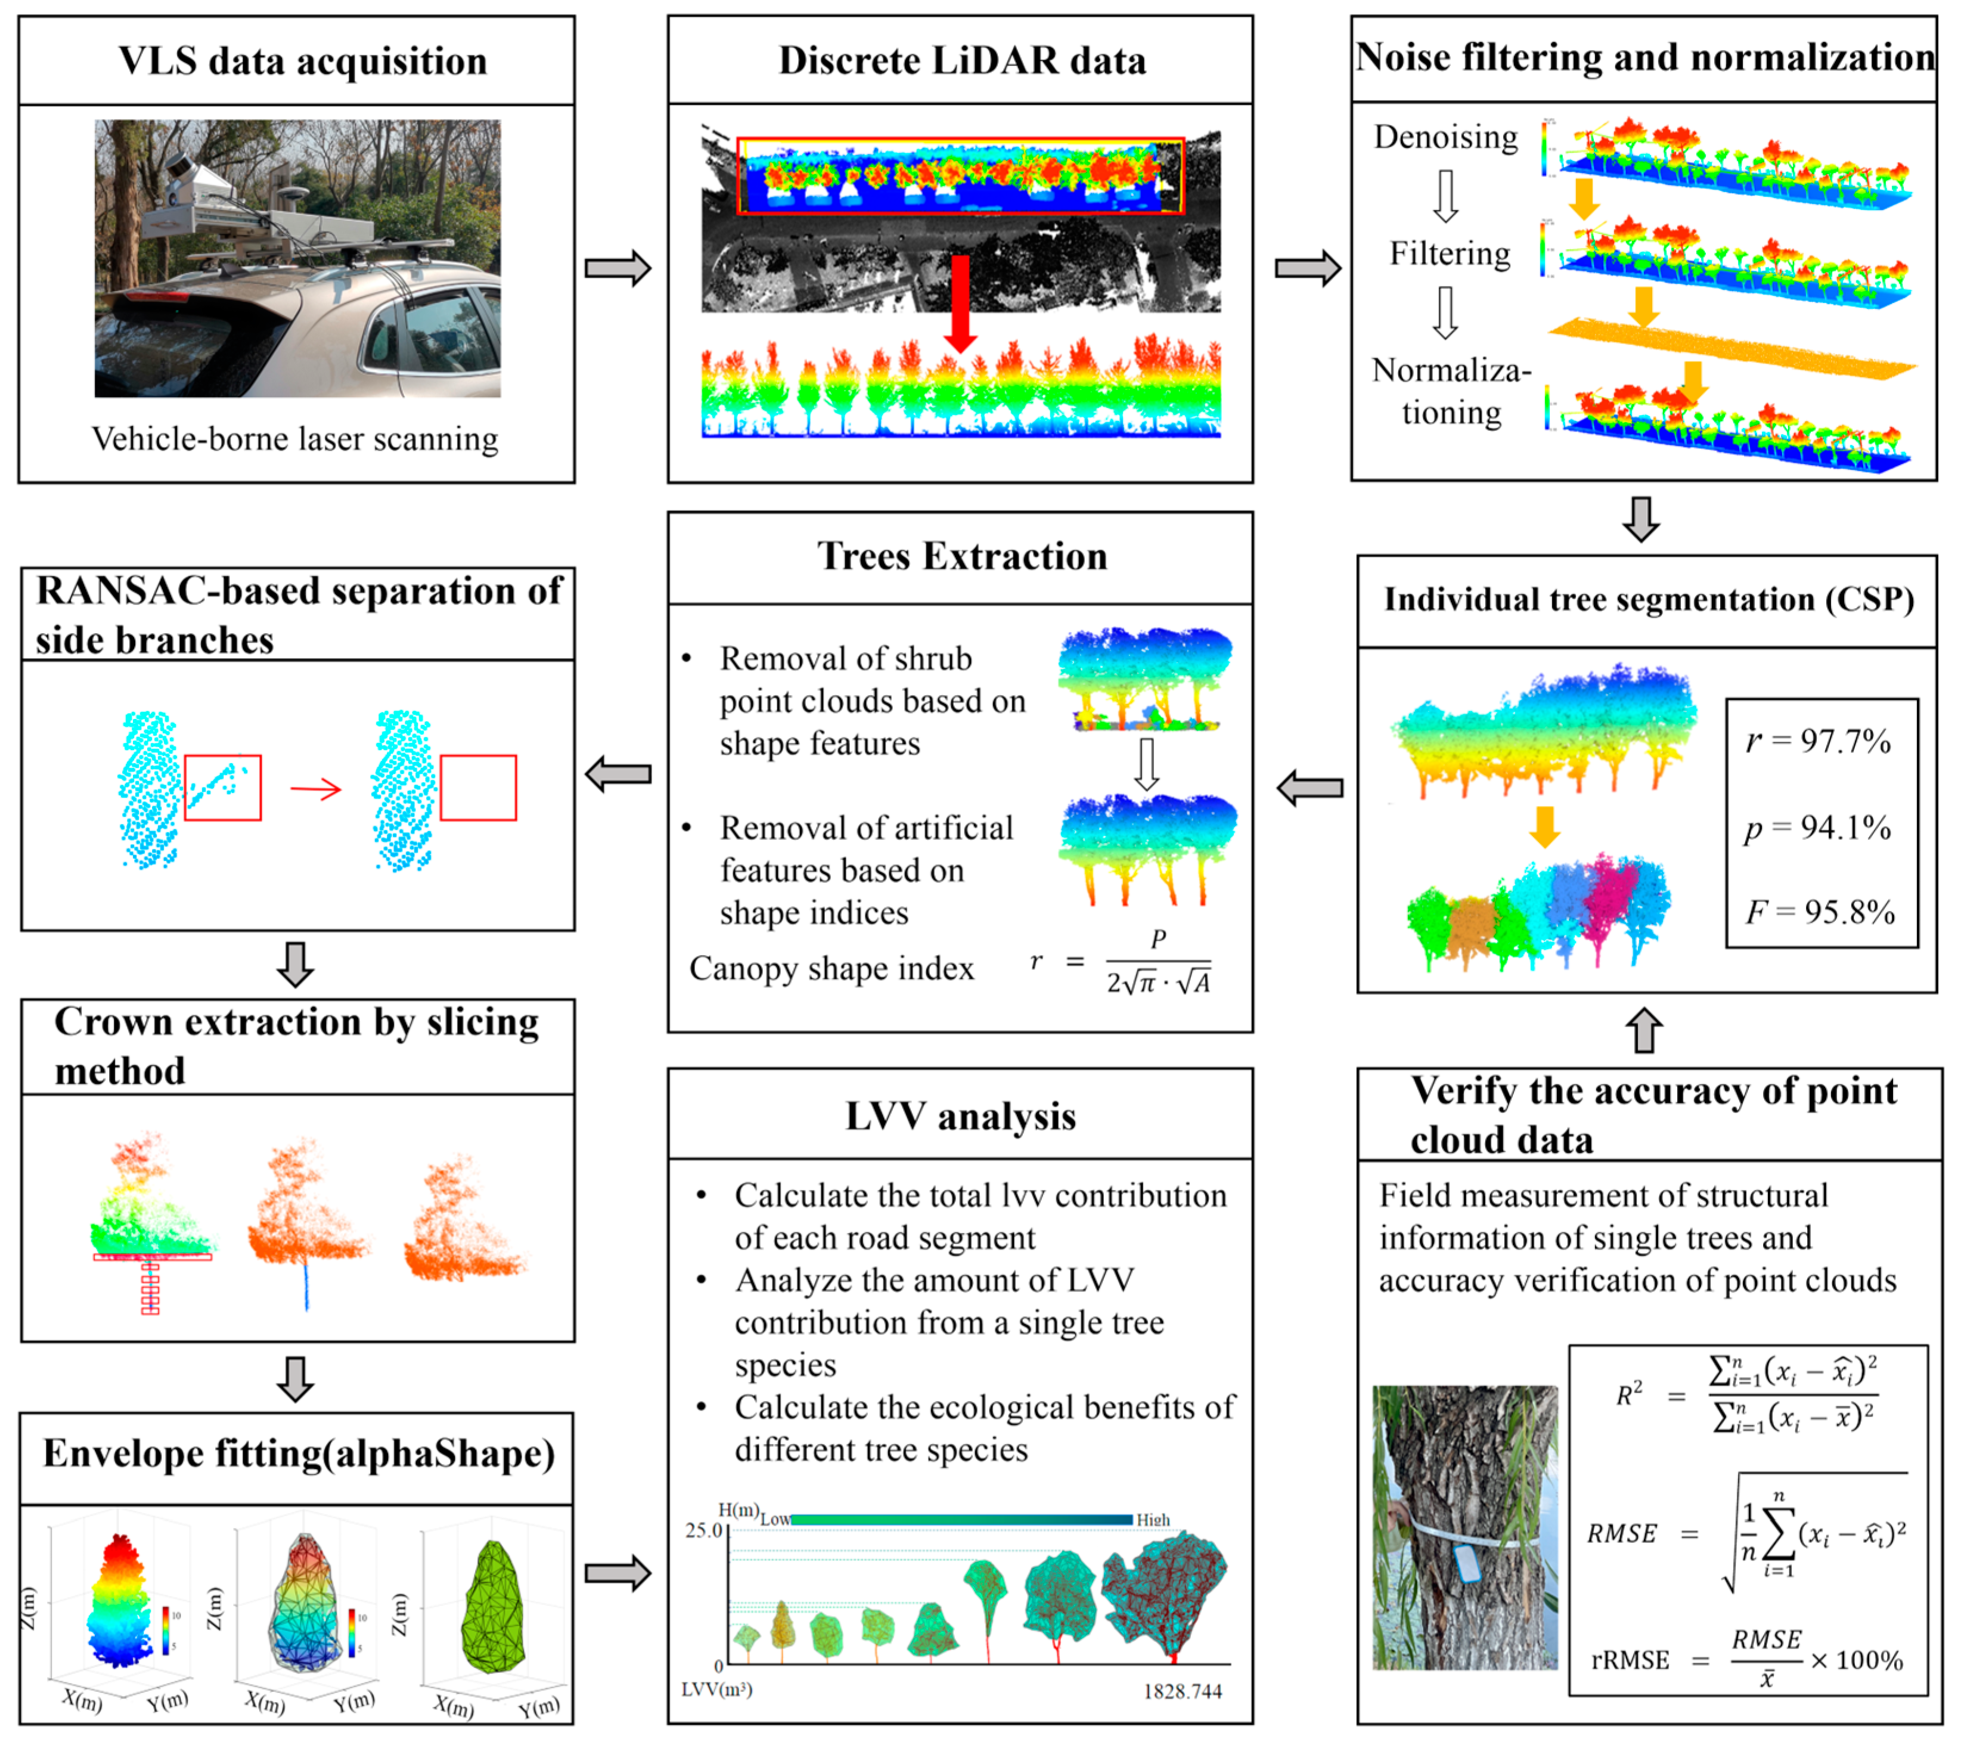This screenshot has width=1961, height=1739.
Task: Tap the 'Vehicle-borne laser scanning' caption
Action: pyautogui.click(x=294, y=439)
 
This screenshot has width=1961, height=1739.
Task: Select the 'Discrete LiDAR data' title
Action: pyautogui.click(x=961, y=60)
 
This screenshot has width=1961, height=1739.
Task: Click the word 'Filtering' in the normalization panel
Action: pyautogui.click(x=1450, y=253)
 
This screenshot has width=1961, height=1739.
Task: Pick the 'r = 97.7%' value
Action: pyautogui.click(x=1817, y=741)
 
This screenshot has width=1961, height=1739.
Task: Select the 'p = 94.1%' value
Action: pyautogui.click(x=1817, y=827)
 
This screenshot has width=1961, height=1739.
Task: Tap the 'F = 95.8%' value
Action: pyautogui.click(x=1819, y=912)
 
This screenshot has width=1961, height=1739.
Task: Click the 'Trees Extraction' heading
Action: pyautogui.click(x=961, y=557)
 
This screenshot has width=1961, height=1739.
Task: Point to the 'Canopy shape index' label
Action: pyautogui.click(x=831, y=968)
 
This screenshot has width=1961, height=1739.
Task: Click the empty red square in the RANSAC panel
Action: pyautogui.click(x=478, y=788)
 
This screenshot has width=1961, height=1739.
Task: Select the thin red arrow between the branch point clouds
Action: pyautogui.click(x=316, y=790)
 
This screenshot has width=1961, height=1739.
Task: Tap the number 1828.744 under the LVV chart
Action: pyautogui.click(x=1182, y=1691)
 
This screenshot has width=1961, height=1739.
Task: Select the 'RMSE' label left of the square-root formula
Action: pyautogui.click(x=1621, y=1533)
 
